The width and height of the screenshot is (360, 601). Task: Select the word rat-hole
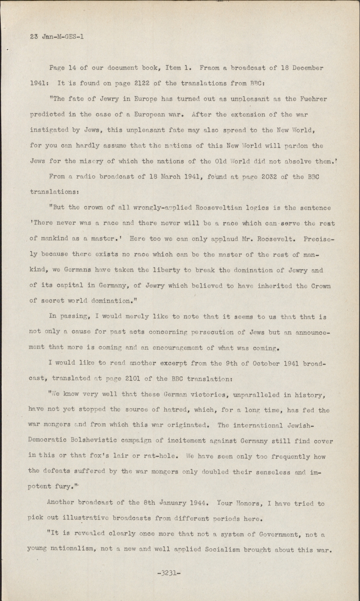tap(162, 456)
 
